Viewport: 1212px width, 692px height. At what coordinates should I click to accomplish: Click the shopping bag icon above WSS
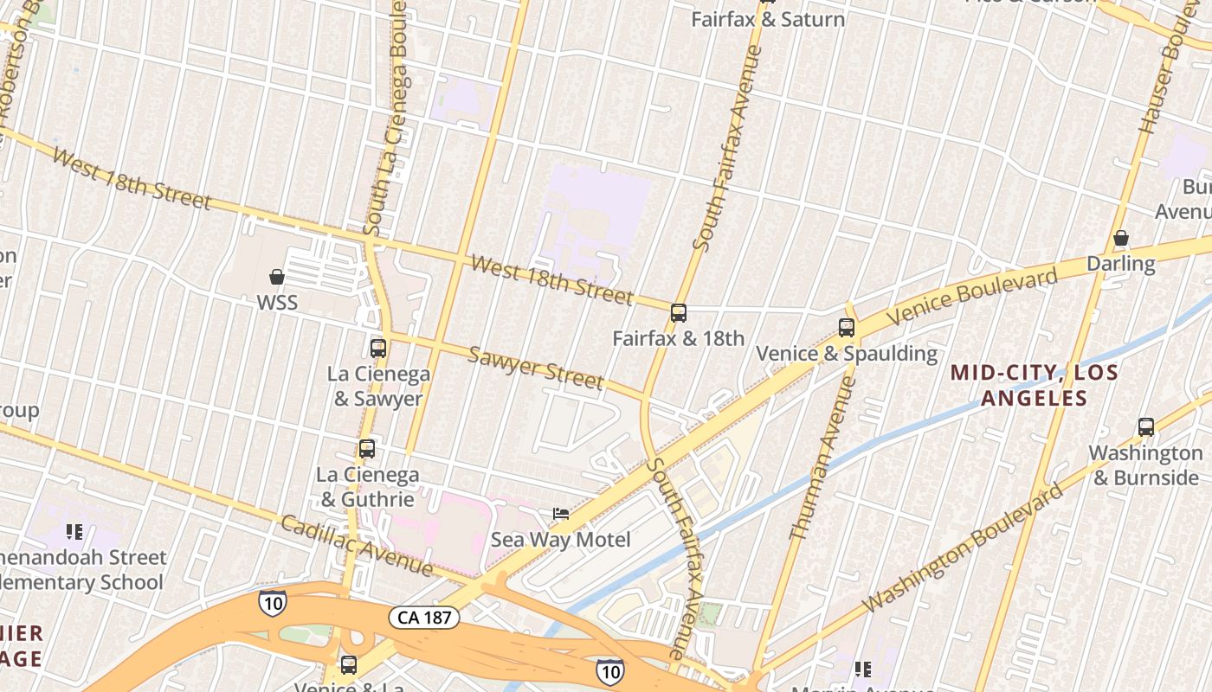(277, 277)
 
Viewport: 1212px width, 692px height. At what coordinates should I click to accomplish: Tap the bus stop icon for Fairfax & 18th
(679, 313)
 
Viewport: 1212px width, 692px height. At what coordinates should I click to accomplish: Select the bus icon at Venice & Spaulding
(847, 328)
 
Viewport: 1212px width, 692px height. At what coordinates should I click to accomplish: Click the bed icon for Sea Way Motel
(561, 514)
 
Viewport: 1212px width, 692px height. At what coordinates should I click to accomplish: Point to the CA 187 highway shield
(423, 618)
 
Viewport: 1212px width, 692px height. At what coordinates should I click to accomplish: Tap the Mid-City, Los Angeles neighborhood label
(1034, 385)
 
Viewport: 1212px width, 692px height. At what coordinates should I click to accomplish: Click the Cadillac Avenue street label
(357, 546)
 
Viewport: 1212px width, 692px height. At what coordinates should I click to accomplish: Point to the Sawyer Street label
(536, 368)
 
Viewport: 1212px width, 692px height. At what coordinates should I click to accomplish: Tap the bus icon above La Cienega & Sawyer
(378, 349)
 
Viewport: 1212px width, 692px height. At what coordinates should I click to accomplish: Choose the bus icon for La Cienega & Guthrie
(367, 449)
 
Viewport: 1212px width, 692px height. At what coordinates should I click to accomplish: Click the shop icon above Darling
(1121, 238)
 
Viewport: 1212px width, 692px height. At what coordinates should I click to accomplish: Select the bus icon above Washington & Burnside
(1146, 426)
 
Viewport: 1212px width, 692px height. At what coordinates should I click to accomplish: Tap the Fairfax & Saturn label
(768, 19)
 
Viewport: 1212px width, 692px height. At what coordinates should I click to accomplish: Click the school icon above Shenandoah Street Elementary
(74, 531)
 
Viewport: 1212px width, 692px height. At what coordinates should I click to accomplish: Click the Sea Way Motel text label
(561, 540)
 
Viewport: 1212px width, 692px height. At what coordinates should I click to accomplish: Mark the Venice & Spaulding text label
(847, 353)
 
